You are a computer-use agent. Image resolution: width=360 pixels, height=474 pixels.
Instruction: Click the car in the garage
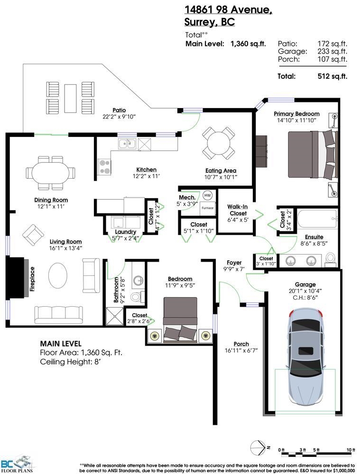coord(305,357)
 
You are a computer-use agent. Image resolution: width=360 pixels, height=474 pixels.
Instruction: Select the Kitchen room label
coord(147,170)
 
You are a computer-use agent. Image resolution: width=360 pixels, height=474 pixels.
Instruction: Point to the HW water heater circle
coord(208,195)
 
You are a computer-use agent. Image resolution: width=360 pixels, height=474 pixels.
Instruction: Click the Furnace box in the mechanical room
coord(208,208)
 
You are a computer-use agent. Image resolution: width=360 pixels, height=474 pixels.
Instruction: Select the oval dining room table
coord(51,173)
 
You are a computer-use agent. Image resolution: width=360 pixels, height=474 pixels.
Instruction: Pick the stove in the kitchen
coord(104,167)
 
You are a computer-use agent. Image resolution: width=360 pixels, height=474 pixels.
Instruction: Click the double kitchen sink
coord(127,144)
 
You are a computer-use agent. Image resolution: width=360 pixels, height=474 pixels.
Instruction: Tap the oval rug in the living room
coord(58,275)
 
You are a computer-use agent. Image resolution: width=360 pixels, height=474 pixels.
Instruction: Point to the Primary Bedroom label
coord(296,114)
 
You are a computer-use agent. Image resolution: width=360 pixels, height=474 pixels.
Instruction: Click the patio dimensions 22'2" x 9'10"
coord(119,117)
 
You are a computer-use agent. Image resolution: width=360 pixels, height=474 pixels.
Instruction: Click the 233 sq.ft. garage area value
coord(332,51)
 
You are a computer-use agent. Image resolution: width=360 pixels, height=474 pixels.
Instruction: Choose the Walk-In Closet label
coord(238,210)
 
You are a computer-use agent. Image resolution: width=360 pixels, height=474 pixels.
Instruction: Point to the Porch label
coord(241,344)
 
